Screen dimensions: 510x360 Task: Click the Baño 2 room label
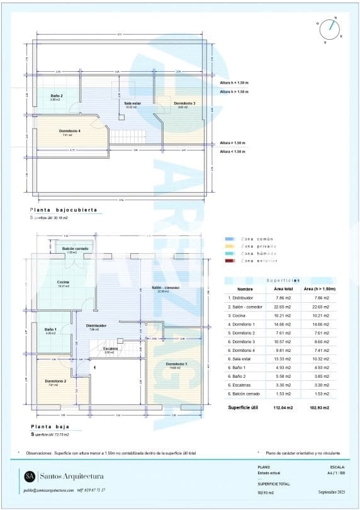click(x=56, y=96)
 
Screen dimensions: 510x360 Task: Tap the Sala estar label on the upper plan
click(x=132, y=103)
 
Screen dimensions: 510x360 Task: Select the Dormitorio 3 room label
click(x=184, y=103)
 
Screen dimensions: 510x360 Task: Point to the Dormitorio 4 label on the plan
click(x=70, y=131)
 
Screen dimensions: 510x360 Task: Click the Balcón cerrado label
click(x=76, y=249)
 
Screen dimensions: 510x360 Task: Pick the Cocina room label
click(x=63, y=281)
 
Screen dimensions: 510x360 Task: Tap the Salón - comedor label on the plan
click(x=166, y=288)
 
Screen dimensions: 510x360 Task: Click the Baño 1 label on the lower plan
click(x=51, y=329)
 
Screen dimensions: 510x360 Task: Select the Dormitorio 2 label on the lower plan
click(x=56, y=381)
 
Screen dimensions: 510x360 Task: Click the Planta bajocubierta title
click(x=64, y=210)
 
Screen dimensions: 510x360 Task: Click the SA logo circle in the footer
click(x=30, y=476)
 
